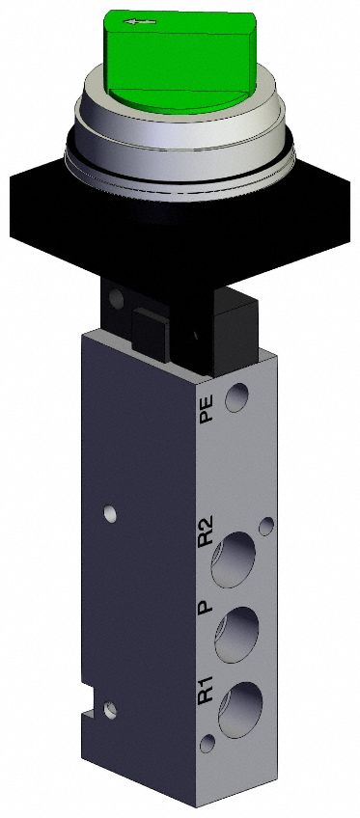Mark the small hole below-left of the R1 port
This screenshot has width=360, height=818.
point(209,742)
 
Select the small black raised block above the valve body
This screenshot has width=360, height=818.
point(150,333)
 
